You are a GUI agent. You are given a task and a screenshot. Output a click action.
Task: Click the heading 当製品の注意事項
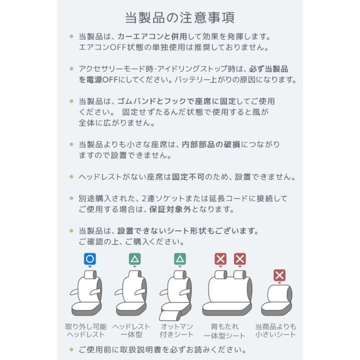coord(180,18)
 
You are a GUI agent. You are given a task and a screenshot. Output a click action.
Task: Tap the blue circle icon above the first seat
coord(90,259)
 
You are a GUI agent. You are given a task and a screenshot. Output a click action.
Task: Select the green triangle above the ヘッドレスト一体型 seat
coord(135,259)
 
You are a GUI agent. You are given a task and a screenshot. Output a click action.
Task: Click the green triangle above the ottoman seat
coord(180,259)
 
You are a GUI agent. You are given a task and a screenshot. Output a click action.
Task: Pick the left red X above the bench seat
coord(220,259)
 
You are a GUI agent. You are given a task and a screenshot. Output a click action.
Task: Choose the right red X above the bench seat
coord(240,259)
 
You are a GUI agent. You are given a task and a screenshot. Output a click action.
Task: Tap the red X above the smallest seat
coord(279,275)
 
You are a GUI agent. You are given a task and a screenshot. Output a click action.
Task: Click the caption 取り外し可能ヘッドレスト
coord(86,330)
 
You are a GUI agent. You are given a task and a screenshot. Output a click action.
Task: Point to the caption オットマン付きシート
coord(176,330)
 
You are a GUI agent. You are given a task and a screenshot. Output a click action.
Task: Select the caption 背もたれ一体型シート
coord(224,331)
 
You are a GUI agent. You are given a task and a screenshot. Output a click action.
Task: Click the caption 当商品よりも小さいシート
coord(276,330)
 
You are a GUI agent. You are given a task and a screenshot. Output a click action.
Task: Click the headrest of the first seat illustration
coord(90,274)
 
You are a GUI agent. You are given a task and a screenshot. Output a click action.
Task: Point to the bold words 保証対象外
coord(170,209)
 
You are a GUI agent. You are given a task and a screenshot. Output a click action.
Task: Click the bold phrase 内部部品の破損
coord(211,144)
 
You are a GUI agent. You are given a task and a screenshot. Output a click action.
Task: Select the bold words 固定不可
coord(188,177)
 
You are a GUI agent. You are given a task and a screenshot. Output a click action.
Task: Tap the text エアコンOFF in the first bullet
coord(103,47)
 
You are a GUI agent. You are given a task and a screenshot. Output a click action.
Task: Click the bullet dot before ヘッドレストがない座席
coord(72,177)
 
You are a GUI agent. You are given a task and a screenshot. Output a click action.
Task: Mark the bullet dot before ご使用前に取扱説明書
coord(72,350)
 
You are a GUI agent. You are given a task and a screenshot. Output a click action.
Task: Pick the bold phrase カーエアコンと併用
coord(152,36)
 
